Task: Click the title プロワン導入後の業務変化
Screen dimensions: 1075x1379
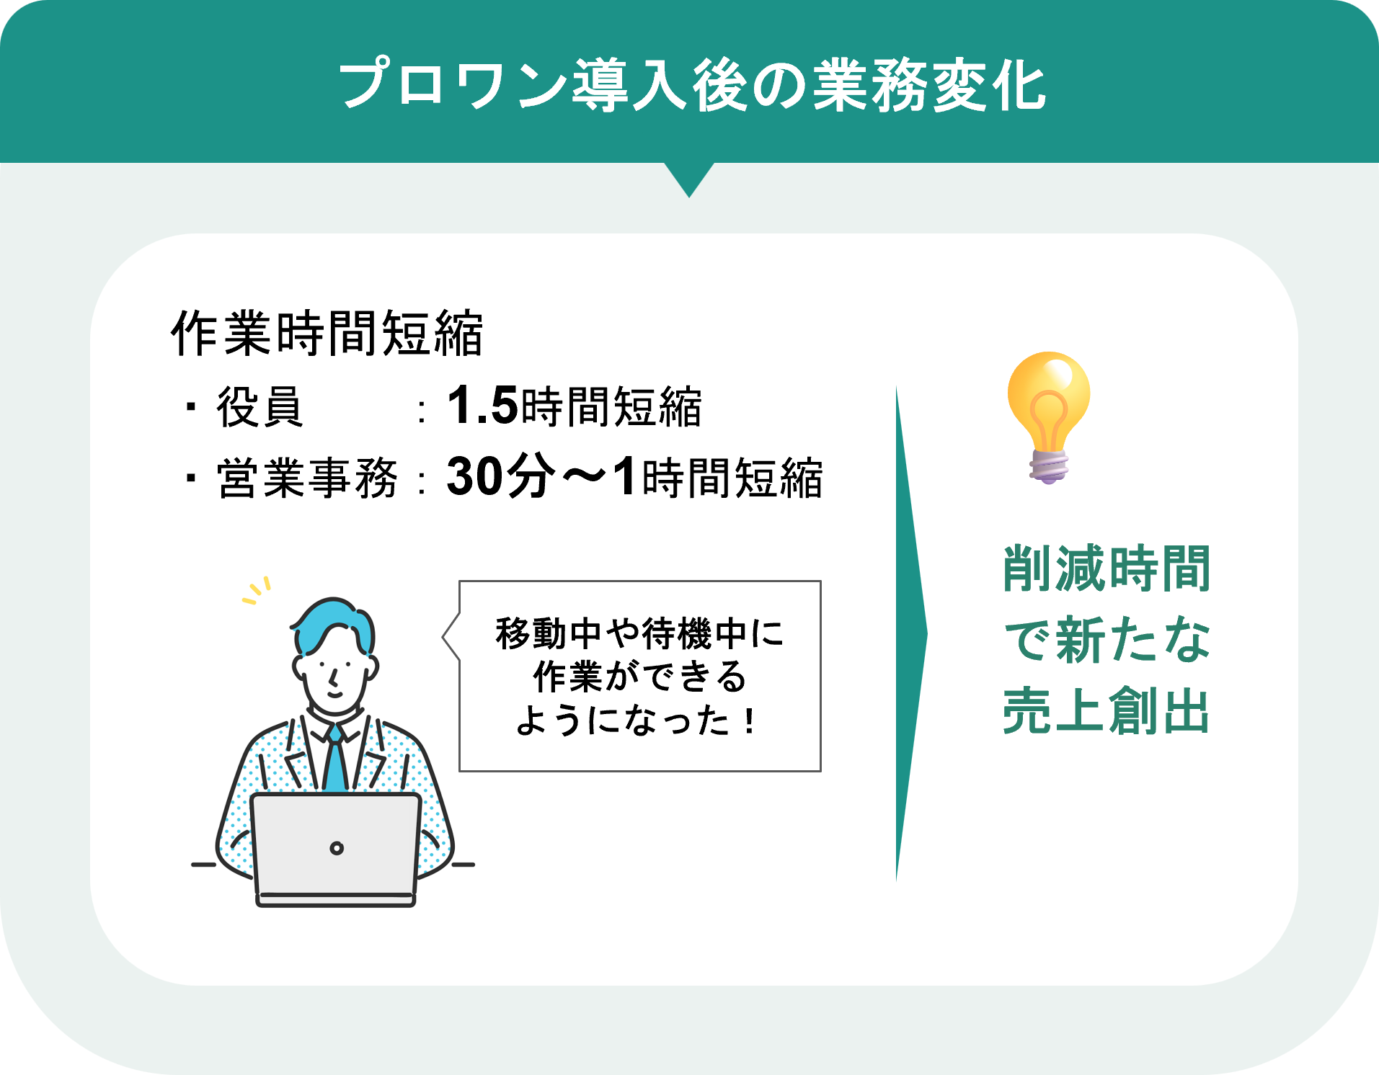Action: click(692, 86)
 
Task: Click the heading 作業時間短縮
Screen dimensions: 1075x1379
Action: click(327, 334)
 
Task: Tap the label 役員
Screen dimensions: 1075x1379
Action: click(260, 407)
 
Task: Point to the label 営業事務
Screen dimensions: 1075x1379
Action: click(307, 478)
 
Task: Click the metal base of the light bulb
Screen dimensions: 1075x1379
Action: click(1049, 467)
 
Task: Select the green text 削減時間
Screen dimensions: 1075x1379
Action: click(1107, 569)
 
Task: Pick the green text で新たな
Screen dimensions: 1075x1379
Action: click(1107, 640)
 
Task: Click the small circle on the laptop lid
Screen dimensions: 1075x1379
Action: click(337, 848)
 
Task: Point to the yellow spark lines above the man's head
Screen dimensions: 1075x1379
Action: click(257, 590)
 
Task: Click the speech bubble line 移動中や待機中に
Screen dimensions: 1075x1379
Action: click(639, 634)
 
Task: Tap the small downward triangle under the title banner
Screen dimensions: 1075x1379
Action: click(689, 178)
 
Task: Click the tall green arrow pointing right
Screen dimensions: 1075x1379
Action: click(909, 634)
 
